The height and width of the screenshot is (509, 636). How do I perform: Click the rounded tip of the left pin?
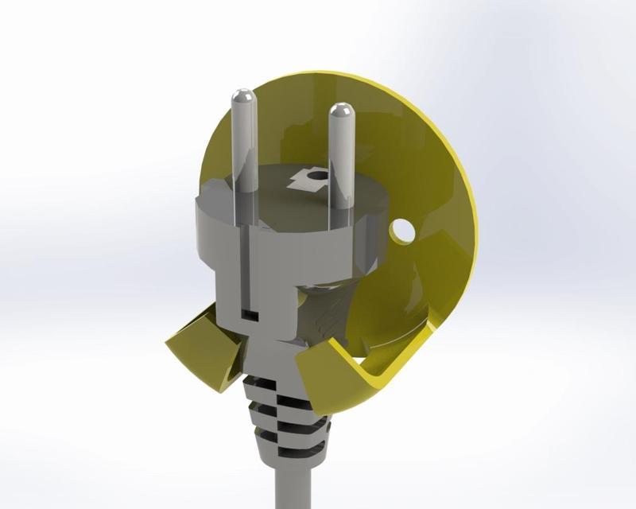pyautogui.click(x=242, y=98)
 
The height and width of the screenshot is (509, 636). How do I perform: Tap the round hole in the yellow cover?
pyautogui.click(x=402, y=231)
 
